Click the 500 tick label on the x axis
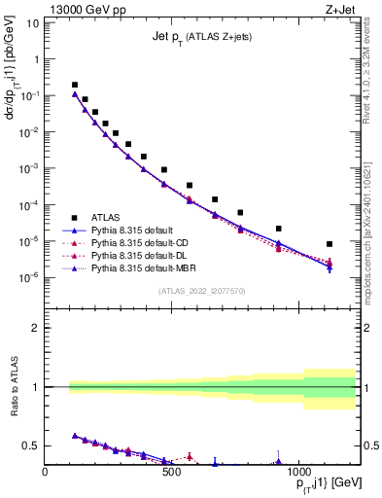pyautogui.click(x=171, y=472)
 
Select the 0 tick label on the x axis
pyautogui.click(x=46, y=472)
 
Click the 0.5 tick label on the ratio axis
pyautogui.click(x=30, y=445)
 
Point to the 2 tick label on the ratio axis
pyautogui.click(x=35, y=328)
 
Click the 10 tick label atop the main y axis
pyautogui.click(x=32, y=23)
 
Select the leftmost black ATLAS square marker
pyautogui.click(x=75, y=85)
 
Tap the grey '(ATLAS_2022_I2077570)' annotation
pyautogui.click(x=203, y=290)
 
